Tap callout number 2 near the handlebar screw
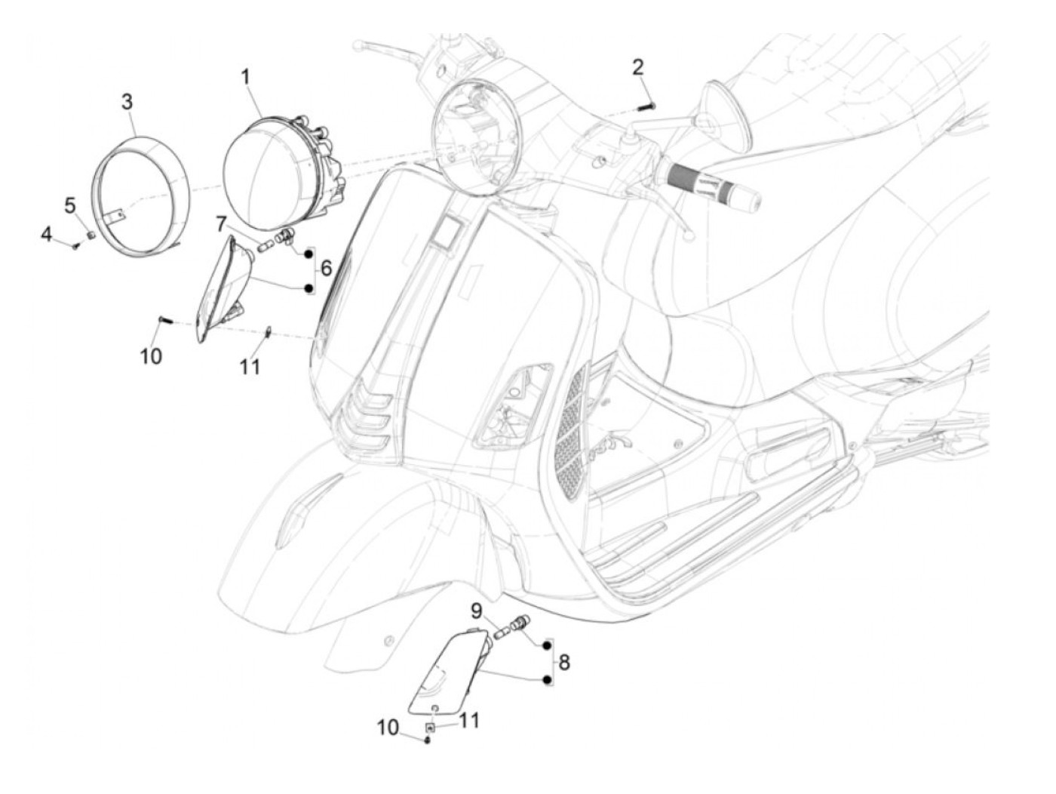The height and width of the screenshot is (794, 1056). tap(638, 67)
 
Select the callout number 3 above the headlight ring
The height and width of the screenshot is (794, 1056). tap(127, 101)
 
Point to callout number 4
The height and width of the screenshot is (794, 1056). tap(47, 235)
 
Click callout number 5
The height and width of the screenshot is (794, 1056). tap(70, 205)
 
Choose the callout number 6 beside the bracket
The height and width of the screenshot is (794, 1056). tap(326, 268)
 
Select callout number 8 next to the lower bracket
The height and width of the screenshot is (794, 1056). tap(564, 663)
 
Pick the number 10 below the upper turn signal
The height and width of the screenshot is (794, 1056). tap(151, 355)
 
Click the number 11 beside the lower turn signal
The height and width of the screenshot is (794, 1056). tap(469, 721)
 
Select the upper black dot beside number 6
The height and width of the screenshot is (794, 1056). tap(308, 254)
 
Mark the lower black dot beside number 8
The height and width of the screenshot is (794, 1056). tap(545, 681)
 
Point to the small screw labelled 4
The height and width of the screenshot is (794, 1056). tap(75, 245)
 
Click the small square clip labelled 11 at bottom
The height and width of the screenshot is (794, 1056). tap(431, 726)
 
